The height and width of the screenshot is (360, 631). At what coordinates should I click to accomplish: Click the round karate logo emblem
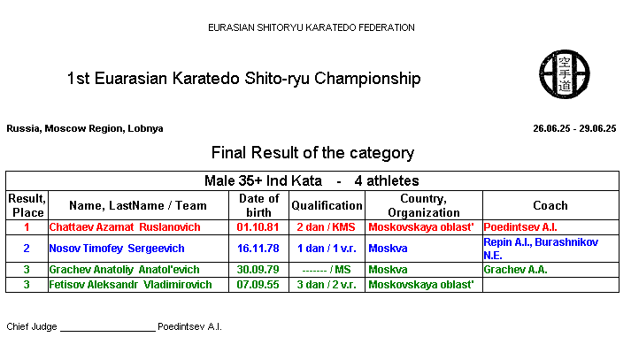565,74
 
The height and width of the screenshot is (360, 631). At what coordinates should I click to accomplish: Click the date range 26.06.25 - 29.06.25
574,129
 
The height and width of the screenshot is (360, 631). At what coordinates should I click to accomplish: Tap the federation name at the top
311,27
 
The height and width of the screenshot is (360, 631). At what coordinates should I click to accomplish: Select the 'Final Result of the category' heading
312,153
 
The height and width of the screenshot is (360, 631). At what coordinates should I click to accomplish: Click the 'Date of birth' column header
258,205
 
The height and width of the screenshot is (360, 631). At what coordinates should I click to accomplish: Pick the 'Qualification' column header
327,205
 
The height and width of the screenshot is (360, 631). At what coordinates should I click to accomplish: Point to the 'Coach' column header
550,205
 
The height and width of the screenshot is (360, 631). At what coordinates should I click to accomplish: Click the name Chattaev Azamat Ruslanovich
125,227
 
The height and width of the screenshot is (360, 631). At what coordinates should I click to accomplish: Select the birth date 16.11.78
258,249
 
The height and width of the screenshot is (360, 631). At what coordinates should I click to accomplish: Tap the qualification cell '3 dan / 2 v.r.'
327,285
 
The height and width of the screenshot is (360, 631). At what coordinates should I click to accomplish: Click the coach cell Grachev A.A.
515,270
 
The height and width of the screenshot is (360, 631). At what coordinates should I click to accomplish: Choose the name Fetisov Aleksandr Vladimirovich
130,285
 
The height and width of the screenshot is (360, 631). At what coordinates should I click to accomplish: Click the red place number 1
27,227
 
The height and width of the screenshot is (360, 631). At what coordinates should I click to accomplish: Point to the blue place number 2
27,249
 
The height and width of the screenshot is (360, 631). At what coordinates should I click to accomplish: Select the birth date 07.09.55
258,285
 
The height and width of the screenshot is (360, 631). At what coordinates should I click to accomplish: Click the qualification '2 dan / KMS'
326,227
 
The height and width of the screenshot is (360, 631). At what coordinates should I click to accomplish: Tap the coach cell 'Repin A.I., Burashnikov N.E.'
541,249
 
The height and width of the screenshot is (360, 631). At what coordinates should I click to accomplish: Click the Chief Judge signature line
108,331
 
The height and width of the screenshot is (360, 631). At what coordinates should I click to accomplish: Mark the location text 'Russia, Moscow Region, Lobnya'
85,129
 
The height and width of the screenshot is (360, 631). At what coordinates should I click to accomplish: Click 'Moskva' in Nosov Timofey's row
388,249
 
